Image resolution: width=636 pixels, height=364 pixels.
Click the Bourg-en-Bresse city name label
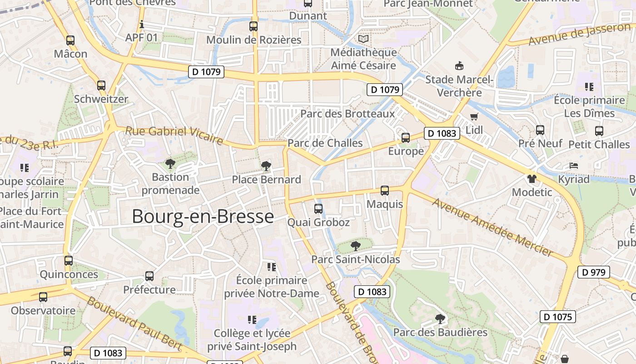[203, 217]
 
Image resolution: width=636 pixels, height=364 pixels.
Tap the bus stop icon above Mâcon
[70, 40]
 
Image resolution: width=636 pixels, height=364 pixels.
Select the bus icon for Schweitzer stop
[101, 85]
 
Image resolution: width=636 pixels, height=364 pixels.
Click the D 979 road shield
[593, 272]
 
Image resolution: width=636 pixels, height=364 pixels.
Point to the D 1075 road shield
[557, 317]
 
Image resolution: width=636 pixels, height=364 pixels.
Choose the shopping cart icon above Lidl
[474, 116]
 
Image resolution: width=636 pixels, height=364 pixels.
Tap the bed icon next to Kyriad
[574, 166]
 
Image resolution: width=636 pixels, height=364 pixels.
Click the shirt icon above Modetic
[532, 178]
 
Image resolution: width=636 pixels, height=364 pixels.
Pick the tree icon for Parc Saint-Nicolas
[355, 246]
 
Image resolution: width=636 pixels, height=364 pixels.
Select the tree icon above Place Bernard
[266, 166]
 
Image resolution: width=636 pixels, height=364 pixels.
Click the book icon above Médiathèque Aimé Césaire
[363, 39]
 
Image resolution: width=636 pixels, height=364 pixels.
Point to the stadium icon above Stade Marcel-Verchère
[459, 66]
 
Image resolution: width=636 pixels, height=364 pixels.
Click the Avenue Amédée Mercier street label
[492, 227]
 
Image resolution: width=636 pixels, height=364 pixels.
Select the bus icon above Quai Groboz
[318, 209]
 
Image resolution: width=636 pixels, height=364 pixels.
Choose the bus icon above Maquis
[385, 191]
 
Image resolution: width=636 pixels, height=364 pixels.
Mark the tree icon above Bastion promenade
[170, 163]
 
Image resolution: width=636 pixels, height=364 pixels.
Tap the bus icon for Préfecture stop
[149, 276]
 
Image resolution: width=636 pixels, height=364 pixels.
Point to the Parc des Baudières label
[440, 332]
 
